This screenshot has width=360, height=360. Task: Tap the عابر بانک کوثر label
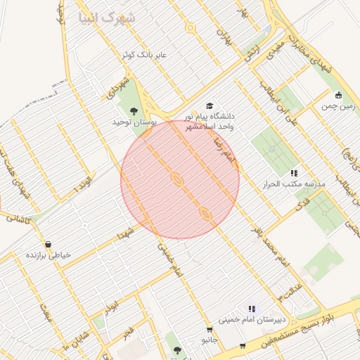[x=151, y=53]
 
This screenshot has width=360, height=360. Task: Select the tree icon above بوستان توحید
[x=134, y=110]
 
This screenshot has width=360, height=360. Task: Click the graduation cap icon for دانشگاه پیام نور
[x=209, y=105]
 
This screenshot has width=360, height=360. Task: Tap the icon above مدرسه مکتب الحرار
[x=294, y=172]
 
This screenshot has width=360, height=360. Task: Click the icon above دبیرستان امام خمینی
[x=251, y=308]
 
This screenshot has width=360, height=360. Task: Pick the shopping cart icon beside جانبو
[x=210, y=330]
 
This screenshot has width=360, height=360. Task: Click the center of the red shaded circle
[x=180, y=180]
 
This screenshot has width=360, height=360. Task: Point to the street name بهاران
[x=223, y=32]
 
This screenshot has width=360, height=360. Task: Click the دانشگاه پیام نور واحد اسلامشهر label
[x=210, y=120]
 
